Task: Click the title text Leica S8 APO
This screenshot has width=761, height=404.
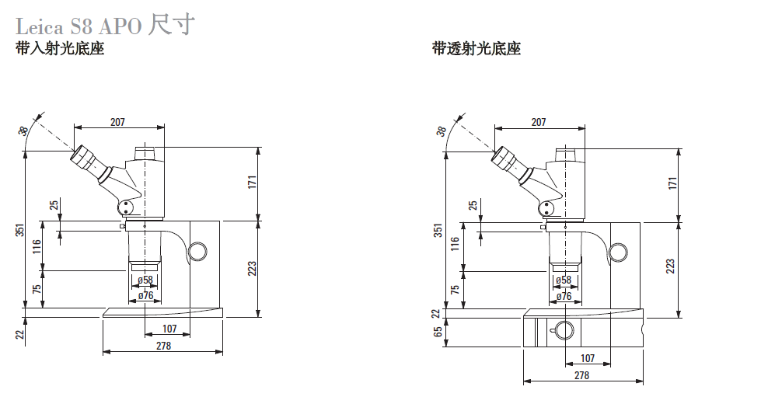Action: [x=79, y=26]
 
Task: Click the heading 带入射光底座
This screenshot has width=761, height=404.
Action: [x=60, y=48]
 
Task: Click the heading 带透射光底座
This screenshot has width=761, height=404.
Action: [x=476, y=48]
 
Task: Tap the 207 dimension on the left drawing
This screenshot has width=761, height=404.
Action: [x=117, y=122]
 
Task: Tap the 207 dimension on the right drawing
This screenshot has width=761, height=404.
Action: [x=538, y=122]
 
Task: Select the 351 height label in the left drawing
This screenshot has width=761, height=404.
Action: [x=20, y=230]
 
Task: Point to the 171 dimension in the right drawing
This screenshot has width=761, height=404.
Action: [x=672, y=183]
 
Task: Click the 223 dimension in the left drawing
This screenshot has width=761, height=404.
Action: [x=252, y=269]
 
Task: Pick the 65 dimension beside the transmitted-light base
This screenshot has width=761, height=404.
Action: [x=438, y=332]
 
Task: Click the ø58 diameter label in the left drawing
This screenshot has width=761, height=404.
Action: [x=145, y=280]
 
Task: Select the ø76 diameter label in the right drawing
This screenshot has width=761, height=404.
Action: [x=564, y=296]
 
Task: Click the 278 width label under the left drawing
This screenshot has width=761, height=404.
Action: [x=163, y=345]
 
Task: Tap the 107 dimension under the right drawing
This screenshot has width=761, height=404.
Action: [x=587, y=358]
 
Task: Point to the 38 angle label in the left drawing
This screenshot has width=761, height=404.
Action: [x=23, y=131]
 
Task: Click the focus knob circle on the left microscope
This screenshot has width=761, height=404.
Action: [x=197, y=251]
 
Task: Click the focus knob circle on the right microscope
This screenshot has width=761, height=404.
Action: [x=618, y=252]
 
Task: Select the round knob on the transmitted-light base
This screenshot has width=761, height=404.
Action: [x=564, y=331]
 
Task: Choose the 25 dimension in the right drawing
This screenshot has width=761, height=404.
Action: [x=473, y=205]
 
